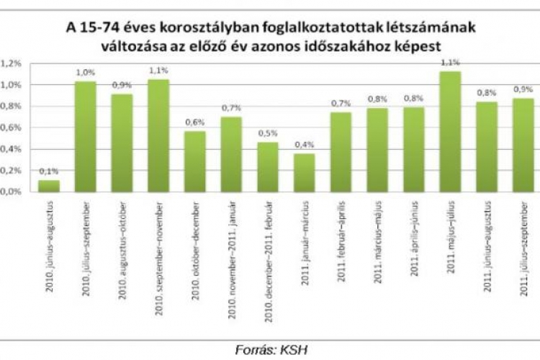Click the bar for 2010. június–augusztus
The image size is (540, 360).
tap(49, 186)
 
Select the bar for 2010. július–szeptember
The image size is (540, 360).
tap(86, 137)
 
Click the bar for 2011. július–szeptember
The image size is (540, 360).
tap(523, 145)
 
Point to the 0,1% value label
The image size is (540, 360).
tap(49, 171)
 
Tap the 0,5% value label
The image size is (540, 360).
tap(268, 132)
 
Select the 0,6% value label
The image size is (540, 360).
tap(195, 122)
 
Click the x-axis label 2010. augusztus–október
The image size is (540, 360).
tap(122, 238)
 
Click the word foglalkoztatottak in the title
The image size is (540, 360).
tap(321, 27)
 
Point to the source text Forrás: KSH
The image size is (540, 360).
tap(269, 350)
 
